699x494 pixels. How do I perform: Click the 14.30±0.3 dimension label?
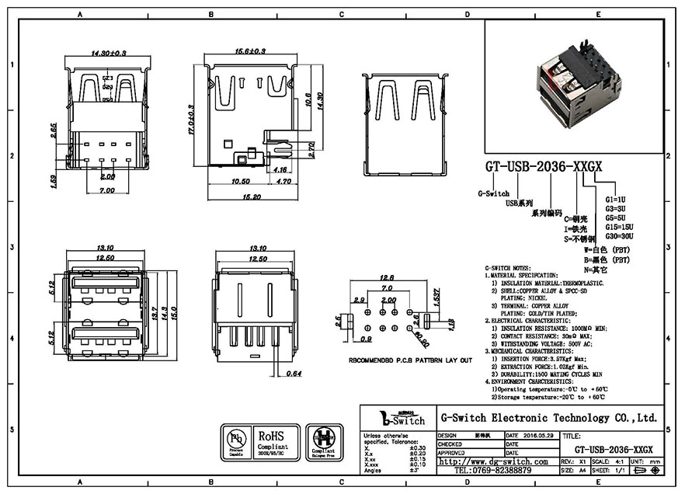(109, 53)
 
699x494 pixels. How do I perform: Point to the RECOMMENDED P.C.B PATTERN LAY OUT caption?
(410, 361)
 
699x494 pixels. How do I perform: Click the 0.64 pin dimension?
(292, 374)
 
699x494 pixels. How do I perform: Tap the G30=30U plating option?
(619, 235)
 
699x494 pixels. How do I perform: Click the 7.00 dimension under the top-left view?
(106, 190)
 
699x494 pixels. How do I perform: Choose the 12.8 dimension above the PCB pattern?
(386, 278)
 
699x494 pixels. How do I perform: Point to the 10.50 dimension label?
(241, 181)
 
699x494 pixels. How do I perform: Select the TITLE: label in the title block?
(572, 437)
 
